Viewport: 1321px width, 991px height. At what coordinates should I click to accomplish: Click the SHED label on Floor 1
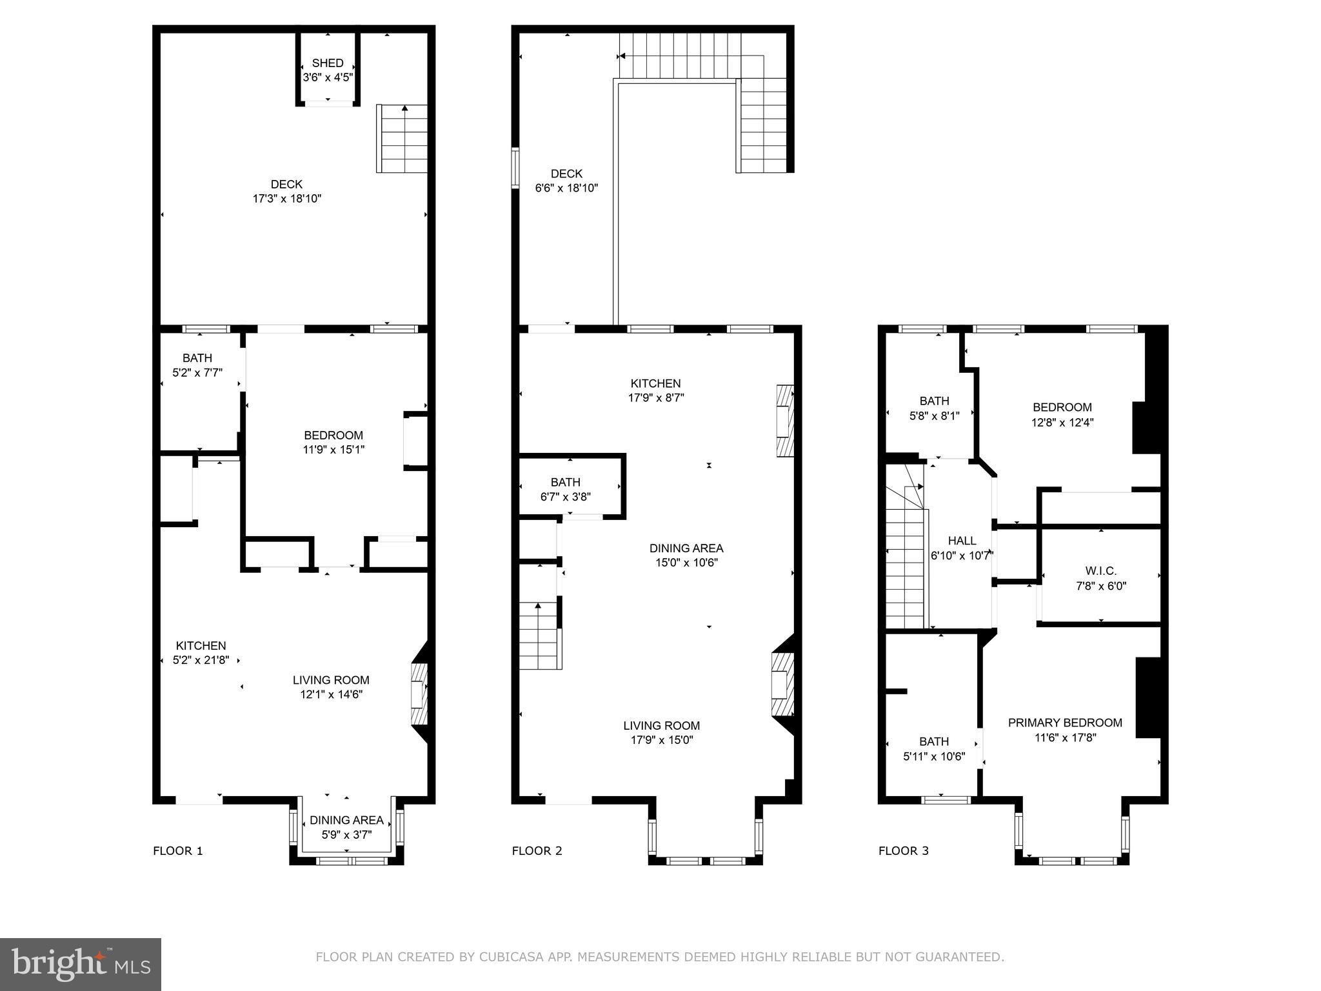pyautogui.click(x=328, y=63)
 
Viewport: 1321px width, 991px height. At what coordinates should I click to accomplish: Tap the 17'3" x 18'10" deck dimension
pyautogui.click(x=287, y=199)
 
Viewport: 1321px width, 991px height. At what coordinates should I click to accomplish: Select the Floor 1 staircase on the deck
pyautogui.click(x=402, y=139)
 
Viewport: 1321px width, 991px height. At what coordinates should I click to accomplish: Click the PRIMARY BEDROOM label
pyautogui.click(x=1065, y=723)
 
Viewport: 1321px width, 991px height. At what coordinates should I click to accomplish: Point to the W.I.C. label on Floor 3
pyautogui.click(x=1101, y=571)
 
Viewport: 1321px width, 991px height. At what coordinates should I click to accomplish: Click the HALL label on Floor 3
pyautogui.click(x=962, y=541)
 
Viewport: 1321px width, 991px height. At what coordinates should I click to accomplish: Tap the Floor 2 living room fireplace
pyautogui.click(x=782, y=685)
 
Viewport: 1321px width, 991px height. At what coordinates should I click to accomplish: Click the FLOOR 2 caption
pyautogui.click(x=537, y=851)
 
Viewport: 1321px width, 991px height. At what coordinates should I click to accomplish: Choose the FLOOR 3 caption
pyautogui.click(x=904, y=851)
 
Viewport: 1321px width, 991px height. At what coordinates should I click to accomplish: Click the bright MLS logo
pyautogui.click(x=81, y=965)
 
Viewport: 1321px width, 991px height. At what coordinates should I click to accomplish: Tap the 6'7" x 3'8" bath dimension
pyautogui.click(x=566, y=497)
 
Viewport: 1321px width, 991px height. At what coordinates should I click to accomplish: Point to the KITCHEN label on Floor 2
pyautogui.click(x=656, y=383)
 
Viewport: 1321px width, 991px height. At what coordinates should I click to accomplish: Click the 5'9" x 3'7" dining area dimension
pyautogui.click(x=347, y=834)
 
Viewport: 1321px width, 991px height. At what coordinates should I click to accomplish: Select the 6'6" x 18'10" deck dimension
pyautogui.click(x=567, y=188)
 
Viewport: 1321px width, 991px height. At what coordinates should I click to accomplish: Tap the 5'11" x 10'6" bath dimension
pyautogui.click(x=934, y=756)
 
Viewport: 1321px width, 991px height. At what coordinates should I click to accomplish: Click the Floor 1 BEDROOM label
pyautogui.click(x=333, y=435)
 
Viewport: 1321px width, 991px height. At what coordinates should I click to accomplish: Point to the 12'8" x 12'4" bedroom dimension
pyautogui.click(x=1062, y=423)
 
